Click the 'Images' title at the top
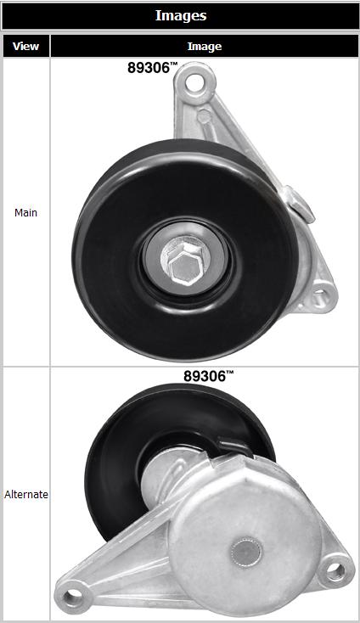tap(180, 15)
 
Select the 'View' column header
tap(25, 46)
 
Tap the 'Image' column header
tap(205, 47)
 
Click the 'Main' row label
tap(25, 212)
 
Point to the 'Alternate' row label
tap(26, 495)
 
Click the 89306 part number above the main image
tap(149, 68)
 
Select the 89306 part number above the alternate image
tap(205, 376)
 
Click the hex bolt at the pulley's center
tap(185, 261)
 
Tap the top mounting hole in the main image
tap(194, 82)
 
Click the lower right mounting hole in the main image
tap(319, 296)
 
